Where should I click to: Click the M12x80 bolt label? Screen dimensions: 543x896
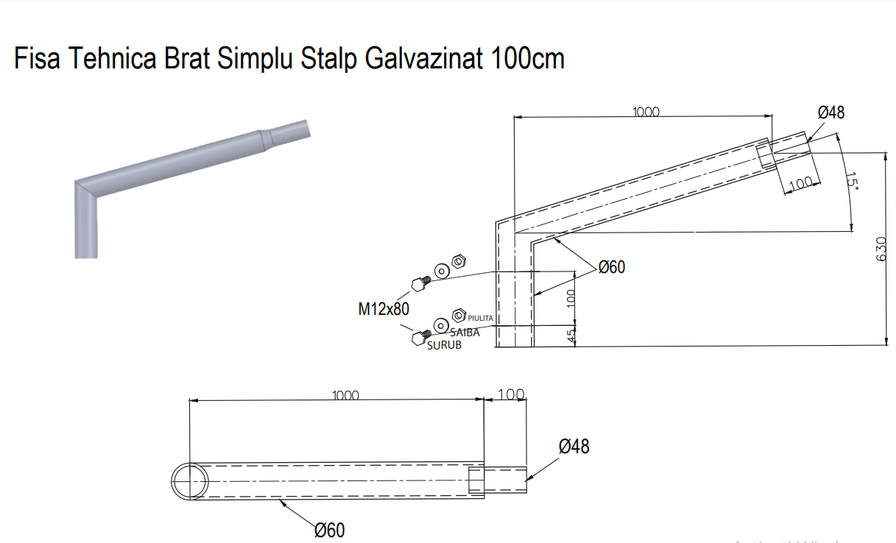pyautogui.click(x=384, y=309)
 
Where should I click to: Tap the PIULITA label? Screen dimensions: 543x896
pyautogui.click(x=480, y=318)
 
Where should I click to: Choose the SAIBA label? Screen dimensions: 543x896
pyautogui.click(x=465, y=333)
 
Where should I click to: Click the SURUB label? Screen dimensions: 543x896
pyautogui.click(x=444, y=345)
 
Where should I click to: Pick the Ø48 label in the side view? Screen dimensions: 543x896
pyautogui.click(x=831, y=113)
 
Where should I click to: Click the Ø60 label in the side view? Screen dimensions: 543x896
pyautogui.click(x=611, y=267)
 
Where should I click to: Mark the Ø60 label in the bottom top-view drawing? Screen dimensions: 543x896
pyautogui.click(x=329, y=530)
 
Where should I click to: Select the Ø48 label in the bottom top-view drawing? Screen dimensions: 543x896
pyautogui.click(x=574, y=446)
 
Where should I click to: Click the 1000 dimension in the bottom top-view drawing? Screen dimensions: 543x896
pyautogui.click(x=345, y=395)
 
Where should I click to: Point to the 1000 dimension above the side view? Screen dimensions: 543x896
pyautogui.click(x=646, y=112)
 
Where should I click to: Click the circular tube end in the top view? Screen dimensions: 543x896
pyautogui.click(x=190, y=481)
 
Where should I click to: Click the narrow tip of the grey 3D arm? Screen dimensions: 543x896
pyautogui.click(x=303, y=128)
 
